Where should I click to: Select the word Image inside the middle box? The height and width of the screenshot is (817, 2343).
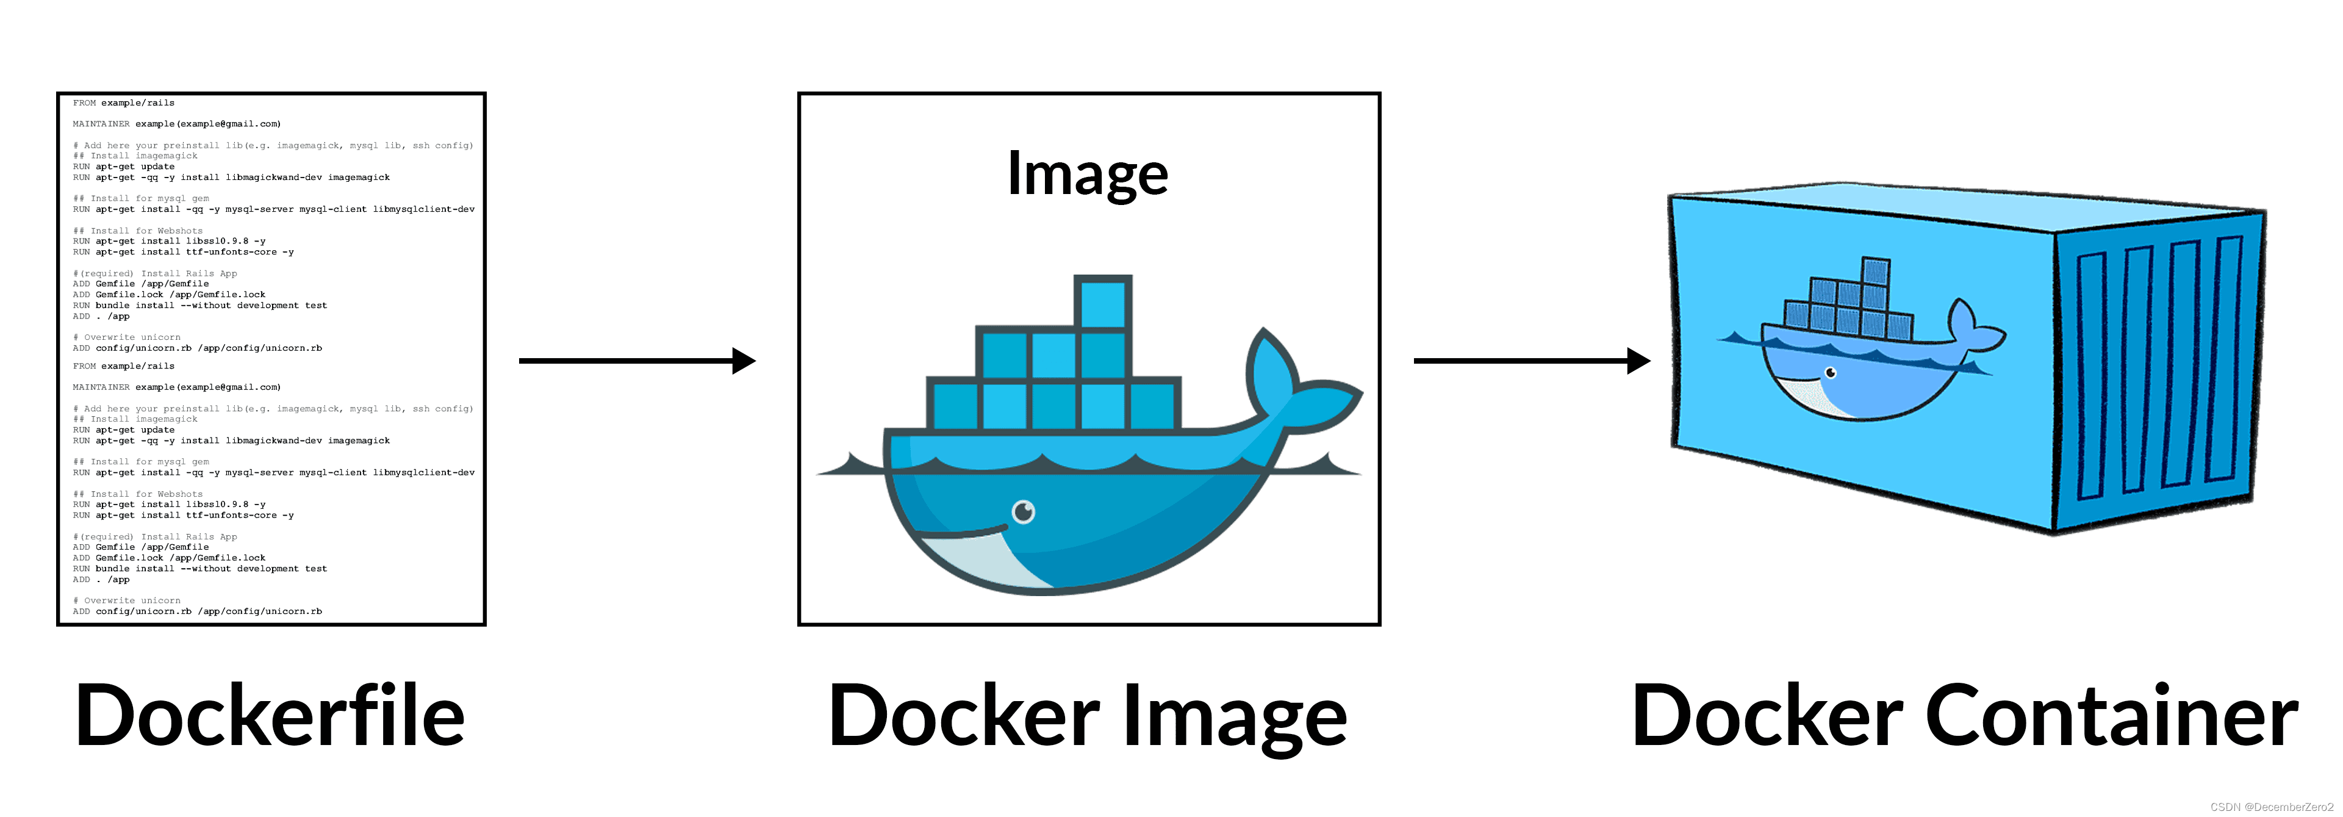coord(1087,174)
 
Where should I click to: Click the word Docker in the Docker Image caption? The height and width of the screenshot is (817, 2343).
coord(964,716)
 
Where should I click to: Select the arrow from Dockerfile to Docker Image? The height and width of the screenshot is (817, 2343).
coord(637,361)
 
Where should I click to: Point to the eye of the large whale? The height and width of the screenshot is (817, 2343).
coord(1024,512)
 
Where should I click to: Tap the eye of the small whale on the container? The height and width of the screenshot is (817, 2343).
coord(1831,373)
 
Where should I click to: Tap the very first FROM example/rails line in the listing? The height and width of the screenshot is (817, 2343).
coord(124,103)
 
